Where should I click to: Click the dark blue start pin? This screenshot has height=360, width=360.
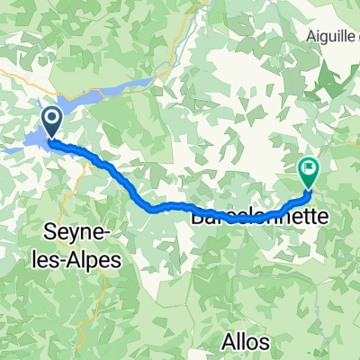click(x=50, y=121)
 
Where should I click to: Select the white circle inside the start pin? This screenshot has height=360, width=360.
click(x=50, y=118)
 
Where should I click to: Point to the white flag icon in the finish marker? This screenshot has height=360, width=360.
click(x=310, y=166)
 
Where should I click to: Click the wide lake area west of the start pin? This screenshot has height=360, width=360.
click(x=27, y=142)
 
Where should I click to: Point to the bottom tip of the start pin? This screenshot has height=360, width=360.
click(x=50, y=139)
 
